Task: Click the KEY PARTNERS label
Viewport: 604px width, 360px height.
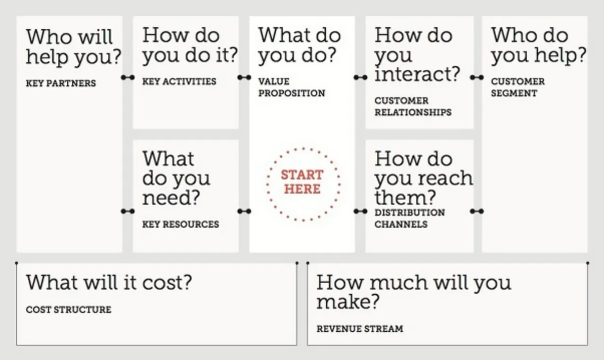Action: [61, 83]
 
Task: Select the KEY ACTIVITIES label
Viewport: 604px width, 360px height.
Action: [179, 81]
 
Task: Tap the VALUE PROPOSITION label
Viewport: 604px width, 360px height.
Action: [291, 87]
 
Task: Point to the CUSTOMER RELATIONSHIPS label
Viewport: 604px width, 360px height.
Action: [413, 107]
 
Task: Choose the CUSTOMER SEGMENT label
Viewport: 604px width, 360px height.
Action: [517, 87]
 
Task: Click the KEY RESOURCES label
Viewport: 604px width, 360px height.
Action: [180, 224]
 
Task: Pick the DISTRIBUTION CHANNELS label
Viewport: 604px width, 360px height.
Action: [409, 218]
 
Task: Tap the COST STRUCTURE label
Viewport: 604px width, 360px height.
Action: [69, 309]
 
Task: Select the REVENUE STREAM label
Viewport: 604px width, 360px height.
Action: [360, 329]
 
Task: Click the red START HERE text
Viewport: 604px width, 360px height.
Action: [303, 182]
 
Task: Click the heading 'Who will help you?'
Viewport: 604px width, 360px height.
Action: [73, 47]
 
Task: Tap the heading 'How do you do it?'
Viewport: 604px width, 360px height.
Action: [190, 45]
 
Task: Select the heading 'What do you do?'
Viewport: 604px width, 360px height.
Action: [299, 45]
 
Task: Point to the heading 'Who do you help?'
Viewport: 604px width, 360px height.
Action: [539, 45]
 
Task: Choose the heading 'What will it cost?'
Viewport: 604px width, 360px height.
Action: [109, 282]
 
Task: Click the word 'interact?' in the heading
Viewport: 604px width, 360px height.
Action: [417, 74]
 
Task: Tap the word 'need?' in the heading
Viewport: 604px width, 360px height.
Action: [171, 198]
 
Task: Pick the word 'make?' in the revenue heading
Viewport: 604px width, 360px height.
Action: [348, 301]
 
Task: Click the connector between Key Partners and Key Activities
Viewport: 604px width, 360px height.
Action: [128, 77]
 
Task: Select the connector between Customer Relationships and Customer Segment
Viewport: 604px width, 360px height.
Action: [477, 77]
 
